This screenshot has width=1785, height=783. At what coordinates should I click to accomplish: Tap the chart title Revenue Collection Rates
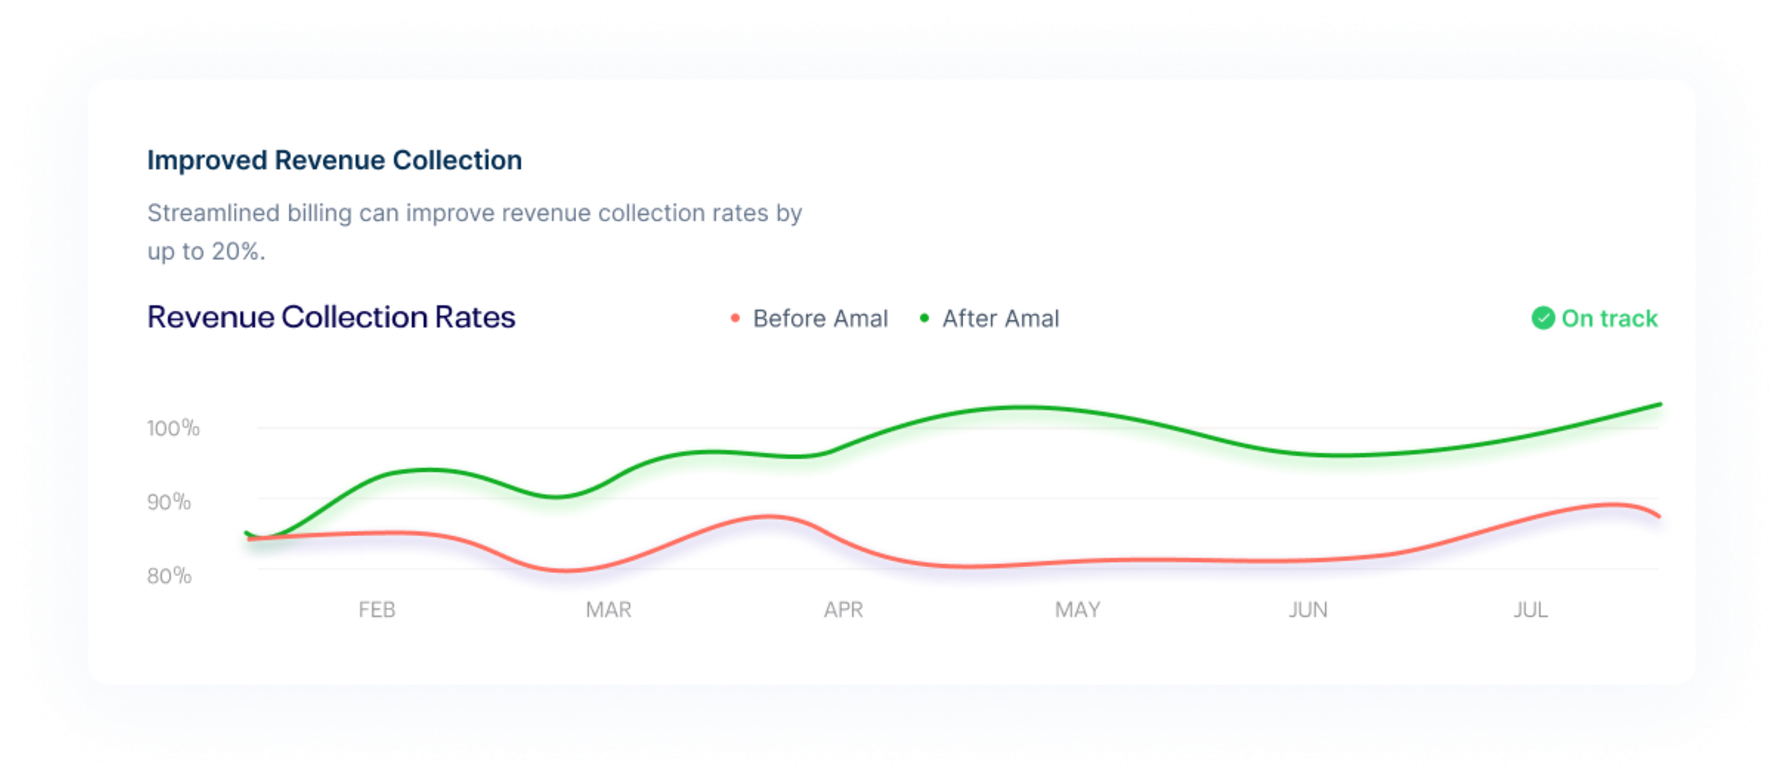pyautogui.click(x=331, y=317)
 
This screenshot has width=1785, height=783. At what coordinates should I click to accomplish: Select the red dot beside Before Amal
pyautogui.click(x=735, y=318)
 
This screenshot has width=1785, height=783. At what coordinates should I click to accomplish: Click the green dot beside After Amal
pyautogui.click(x=924, y=318)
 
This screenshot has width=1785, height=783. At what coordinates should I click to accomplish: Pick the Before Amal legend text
pyautogui.click(x=820, y=319)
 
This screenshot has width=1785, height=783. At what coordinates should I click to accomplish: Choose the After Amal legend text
pyautogui.click(x=1001, y=319)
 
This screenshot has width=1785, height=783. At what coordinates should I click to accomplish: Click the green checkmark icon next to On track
pyautogui.click(x=1542, y=318)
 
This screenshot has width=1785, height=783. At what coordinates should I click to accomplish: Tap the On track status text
pyautogui.click(x=1609, y=319)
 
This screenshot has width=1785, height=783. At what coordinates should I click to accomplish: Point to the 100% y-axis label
pyautogui.click(x=173, y=428)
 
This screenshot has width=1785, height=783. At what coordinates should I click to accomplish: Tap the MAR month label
pyautogui.click(x=608, y=610)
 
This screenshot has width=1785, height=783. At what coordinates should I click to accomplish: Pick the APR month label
pyautogui.click(x=843, y=610)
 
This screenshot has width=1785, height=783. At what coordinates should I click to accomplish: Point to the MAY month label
pyautogui.click(x=1077, y=610)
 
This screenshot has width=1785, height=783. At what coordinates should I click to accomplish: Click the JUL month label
pyautogui.click(x=1530, y=610)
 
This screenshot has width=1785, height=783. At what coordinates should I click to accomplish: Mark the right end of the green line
pyautogui.click(x=1659, y=405)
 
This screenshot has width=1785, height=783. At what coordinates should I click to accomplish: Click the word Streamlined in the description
pyautogui.click(x=212, y=213)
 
